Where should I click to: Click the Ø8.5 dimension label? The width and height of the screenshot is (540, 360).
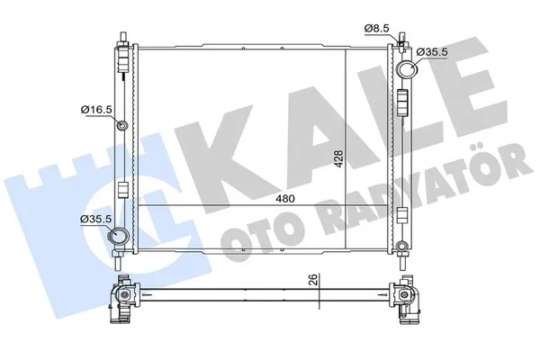coord(377,29)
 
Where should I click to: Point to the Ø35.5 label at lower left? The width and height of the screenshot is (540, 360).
coord(94,219)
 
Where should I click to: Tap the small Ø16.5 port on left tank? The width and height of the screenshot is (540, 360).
coord(121,125)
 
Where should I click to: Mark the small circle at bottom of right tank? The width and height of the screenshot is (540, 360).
coord(402,242)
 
